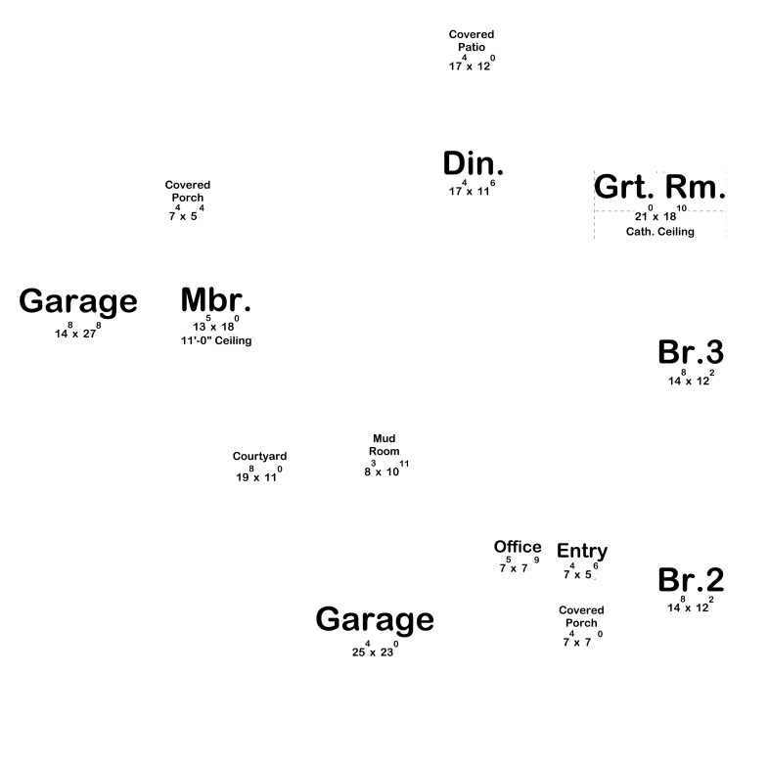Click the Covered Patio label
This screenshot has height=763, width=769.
tap(472, 41)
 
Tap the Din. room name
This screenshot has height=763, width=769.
tap(473, 163)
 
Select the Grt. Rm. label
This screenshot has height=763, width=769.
tap(659, 186)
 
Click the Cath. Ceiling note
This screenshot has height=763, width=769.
tap(659, 232)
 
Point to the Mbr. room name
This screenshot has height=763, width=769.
tap(216, 299)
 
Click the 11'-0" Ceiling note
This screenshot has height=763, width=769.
tap(216, 340)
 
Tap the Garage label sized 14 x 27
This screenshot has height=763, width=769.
tap(78, 301)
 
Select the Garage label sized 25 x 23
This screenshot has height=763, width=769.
tap(375, 619)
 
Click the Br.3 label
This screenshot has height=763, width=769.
tap(691, 352)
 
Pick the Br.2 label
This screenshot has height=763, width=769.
tap(691, 580)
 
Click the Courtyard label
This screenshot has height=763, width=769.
tap(259, 457)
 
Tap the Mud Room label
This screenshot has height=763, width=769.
tap(384, 445)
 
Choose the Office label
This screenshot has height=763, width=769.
tap(518, 547)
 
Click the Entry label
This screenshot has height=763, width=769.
tap(582, 551)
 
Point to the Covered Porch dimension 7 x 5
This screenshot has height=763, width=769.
tap(186, 213)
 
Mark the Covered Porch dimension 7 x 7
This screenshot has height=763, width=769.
tap(583, 639)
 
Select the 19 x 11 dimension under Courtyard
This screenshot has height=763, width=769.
tap(259, 474)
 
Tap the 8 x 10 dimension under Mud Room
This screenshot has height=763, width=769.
tap(386, 469)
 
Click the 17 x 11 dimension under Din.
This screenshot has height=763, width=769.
tap(472, 188)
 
